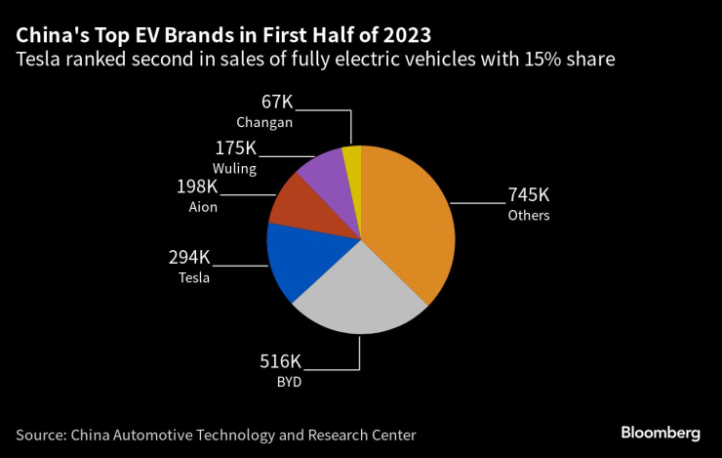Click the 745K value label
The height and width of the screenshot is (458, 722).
coord(529,195)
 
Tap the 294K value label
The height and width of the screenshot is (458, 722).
coord(189,257)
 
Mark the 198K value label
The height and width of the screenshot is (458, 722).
coord(199,187)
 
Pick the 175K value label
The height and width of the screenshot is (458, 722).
coord(235,148)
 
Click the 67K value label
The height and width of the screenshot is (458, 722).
coord(278,102)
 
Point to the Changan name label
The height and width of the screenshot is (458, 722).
coord(264,122)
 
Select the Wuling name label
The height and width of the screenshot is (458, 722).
coord(235,168)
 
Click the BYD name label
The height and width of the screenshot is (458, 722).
coord(289,383)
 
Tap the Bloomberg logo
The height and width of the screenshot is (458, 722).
coord(661,432)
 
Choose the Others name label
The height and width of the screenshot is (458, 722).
coord(529,215)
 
